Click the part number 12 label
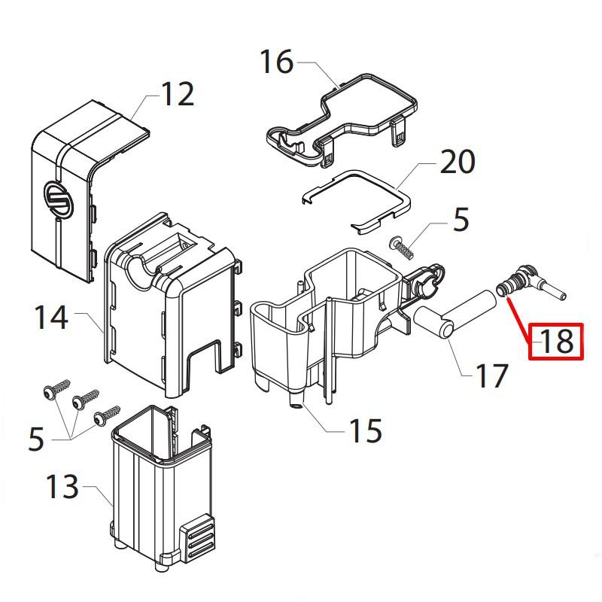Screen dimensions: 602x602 178,95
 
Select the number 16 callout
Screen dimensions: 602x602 276,62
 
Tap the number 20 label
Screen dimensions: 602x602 457,162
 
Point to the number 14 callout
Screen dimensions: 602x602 50,318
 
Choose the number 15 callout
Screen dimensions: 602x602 364,430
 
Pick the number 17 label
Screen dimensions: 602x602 491,375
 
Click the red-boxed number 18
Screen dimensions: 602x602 556,341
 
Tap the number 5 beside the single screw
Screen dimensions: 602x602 461,220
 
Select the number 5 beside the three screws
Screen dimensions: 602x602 36,439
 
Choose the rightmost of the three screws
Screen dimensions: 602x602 108,413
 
